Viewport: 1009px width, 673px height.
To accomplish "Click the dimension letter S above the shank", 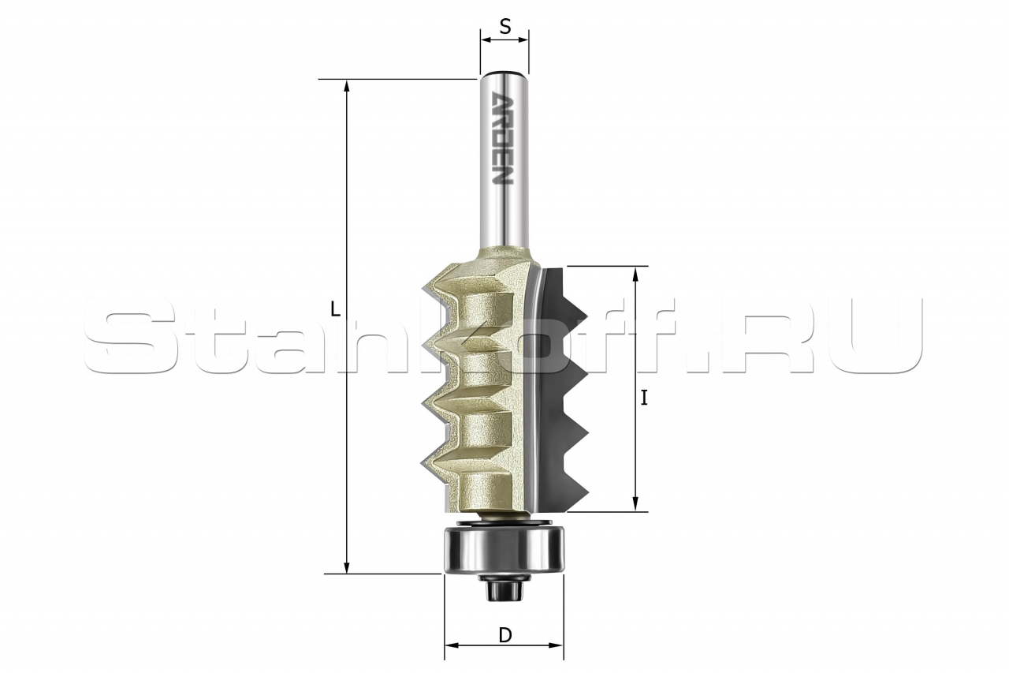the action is click(x=505, y=28).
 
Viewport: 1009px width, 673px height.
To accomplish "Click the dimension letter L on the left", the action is click(x=335, y=308).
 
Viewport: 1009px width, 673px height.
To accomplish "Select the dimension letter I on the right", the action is click(x=644, y=398).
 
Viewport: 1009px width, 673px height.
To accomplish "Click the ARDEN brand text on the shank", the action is click(x=503, y=138).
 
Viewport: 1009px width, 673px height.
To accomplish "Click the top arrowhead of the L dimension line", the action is click(x=346, y=85).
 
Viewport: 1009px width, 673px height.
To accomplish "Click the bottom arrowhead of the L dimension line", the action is click(x=346, y=568).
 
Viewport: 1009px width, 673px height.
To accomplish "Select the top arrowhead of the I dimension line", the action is click(x=635, y=272).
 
